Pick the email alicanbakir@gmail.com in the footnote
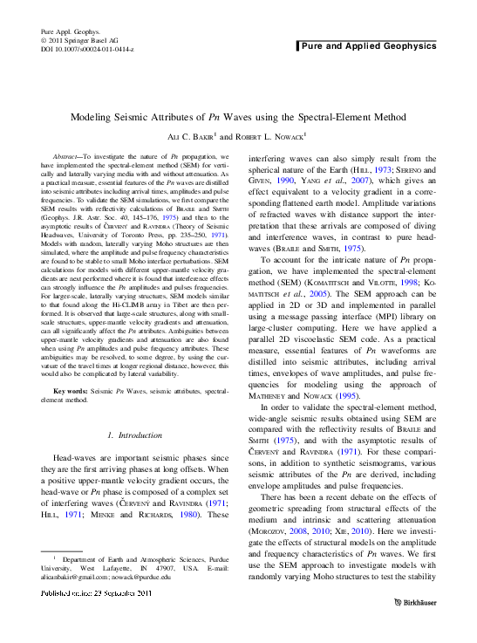click(x=78, y=577)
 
